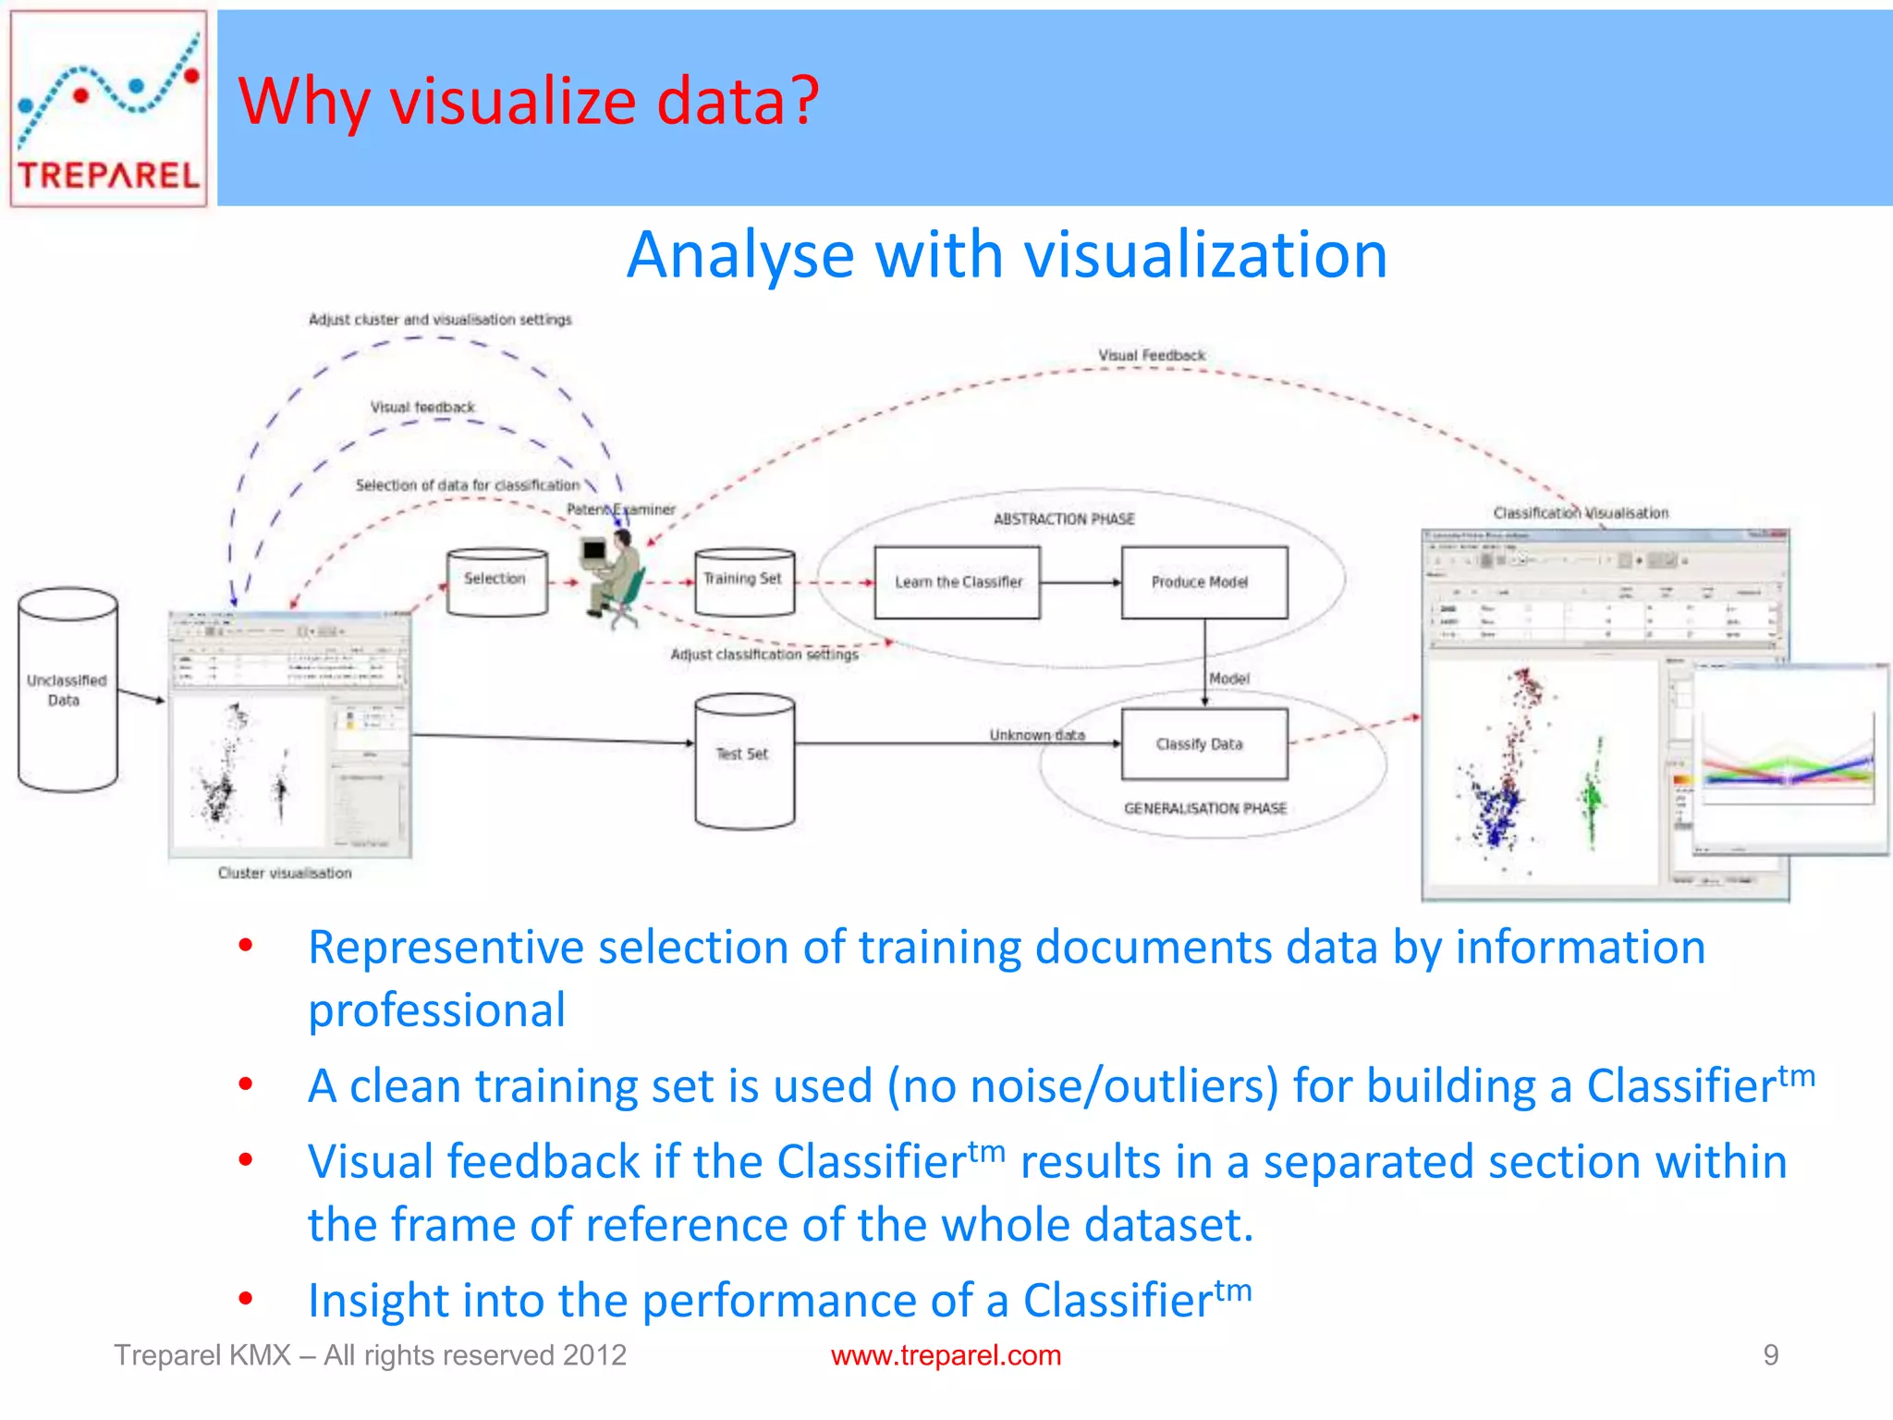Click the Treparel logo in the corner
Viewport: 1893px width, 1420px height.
(108, 108)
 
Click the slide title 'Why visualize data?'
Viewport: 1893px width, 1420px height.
(529, 101)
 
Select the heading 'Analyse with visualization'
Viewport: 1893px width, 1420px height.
(1007, 254)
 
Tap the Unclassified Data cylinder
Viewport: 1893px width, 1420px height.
(67, 691)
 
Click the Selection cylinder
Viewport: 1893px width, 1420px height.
(496, 582)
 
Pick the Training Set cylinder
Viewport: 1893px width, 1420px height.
(744, 582)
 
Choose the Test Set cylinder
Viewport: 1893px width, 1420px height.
(744, 760)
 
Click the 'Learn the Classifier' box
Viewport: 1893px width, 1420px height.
(958, 582)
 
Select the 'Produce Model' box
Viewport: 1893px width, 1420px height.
(1203, 582)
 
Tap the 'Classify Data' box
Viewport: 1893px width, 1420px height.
(1203, 744)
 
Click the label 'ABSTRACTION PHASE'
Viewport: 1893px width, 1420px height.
(1064, 520)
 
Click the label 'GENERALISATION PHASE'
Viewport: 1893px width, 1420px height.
(1205, 808)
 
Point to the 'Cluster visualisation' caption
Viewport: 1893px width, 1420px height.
(285, 873)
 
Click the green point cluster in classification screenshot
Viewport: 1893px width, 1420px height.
(1592, 793)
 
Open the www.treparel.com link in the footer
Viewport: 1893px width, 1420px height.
(946, 1355)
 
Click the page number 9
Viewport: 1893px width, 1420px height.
(1770, 1355)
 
